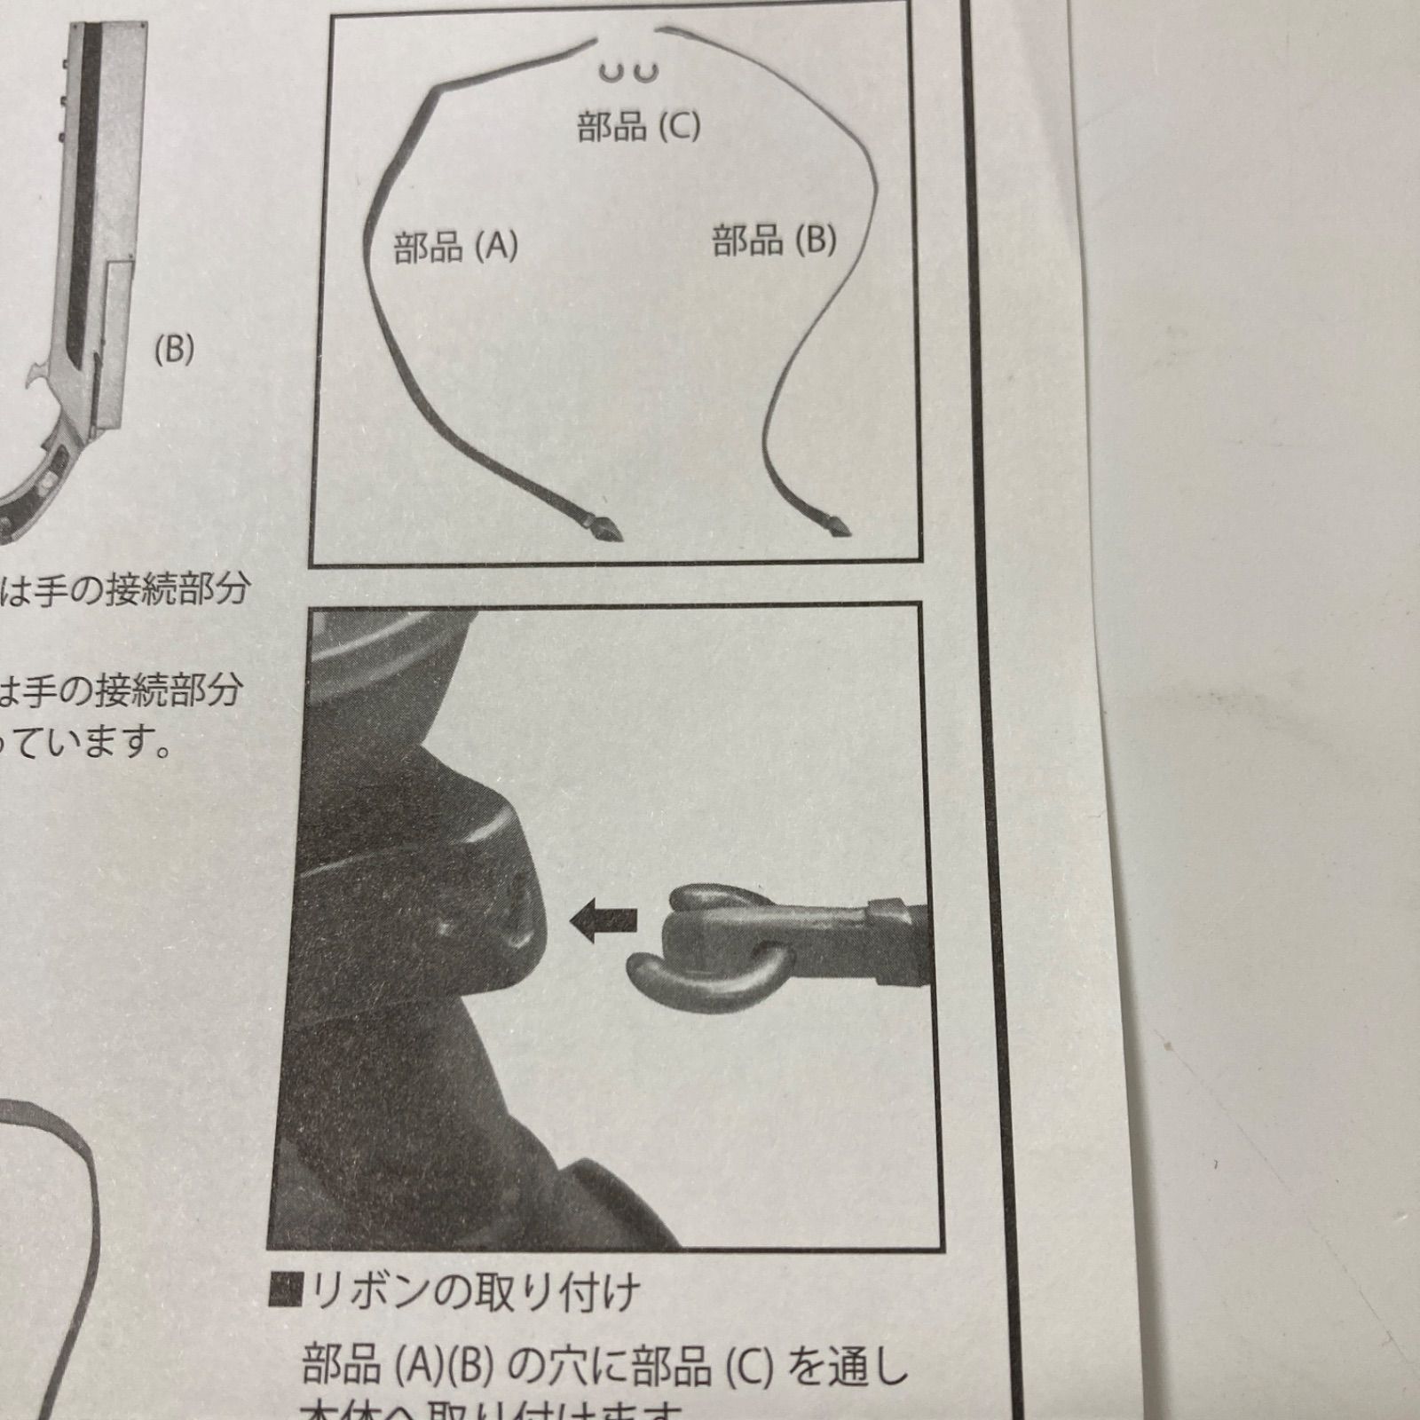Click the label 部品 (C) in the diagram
click(638, 126)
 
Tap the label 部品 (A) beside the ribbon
click(455, 246)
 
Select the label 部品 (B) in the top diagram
click(774, 240)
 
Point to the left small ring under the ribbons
click(610, 71)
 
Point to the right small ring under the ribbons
click(646, 71)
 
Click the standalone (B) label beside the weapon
click(173, 350)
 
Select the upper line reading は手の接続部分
click(124, 588)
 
